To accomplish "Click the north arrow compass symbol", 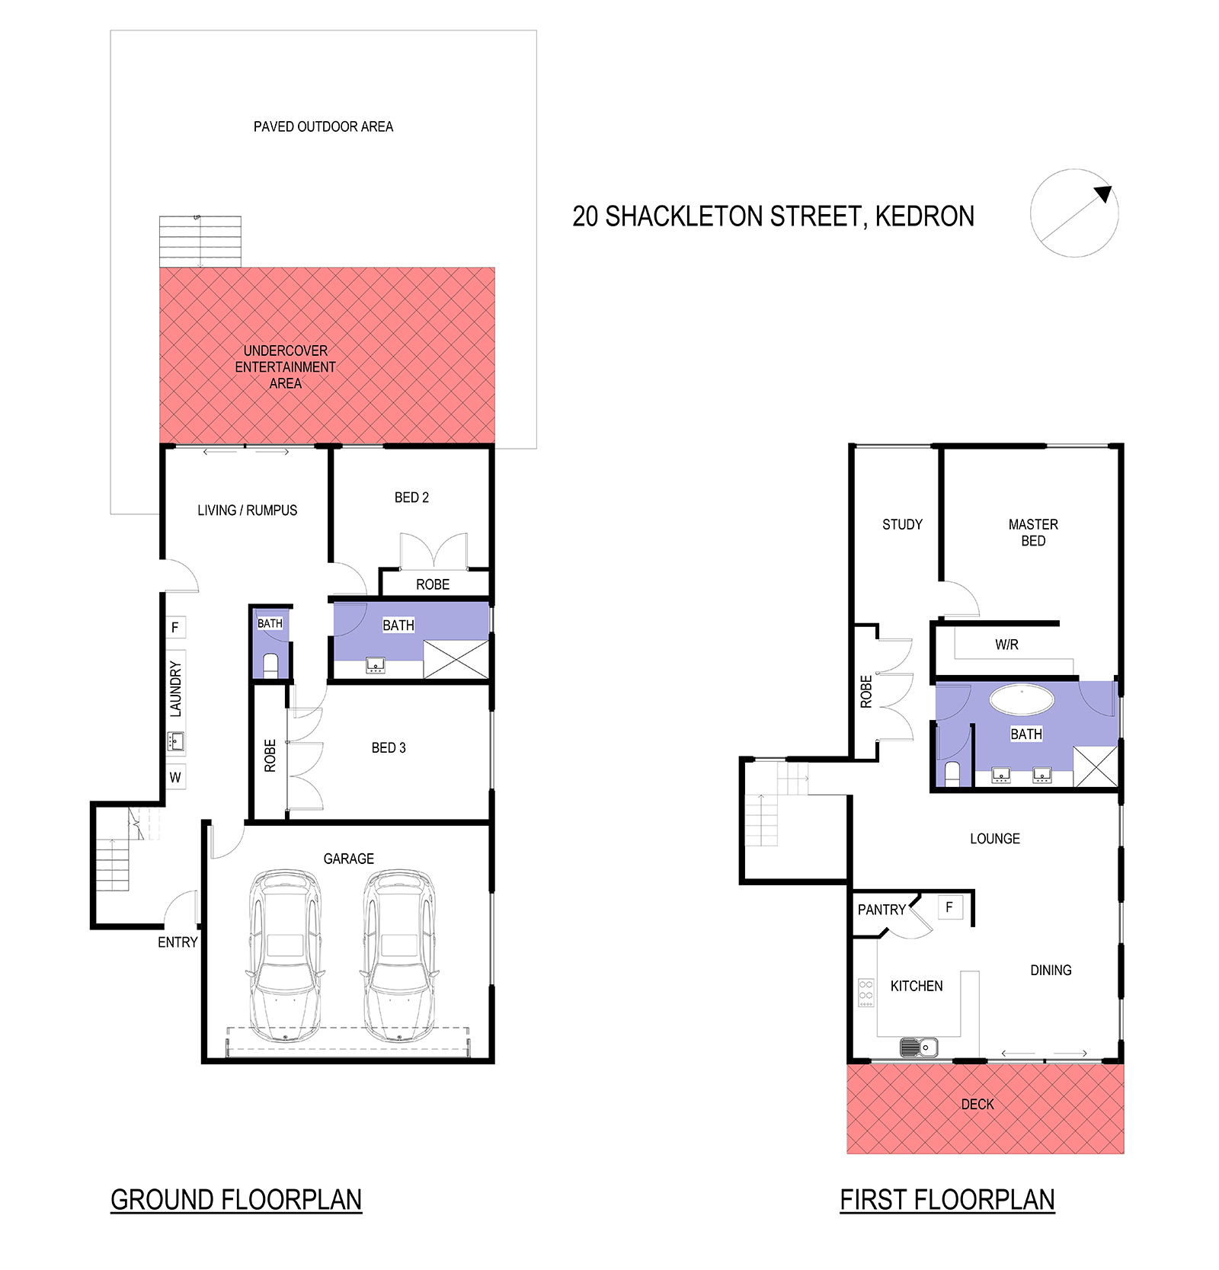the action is [1074, 213].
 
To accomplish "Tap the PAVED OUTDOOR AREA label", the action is [323, 126].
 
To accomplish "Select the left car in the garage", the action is [285, 956].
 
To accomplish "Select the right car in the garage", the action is [399, 956].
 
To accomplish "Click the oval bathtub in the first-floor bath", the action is [1022, 699].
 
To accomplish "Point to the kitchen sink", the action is [919, 1048].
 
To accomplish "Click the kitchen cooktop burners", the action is [866, 993].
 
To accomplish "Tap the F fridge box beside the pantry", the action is [949, 907].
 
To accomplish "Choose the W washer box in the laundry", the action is [175, 777].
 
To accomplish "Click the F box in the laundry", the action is [175, 627].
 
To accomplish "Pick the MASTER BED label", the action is [1033, 533].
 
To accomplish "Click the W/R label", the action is [1006, 645].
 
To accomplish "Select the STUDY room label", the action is [902, 524].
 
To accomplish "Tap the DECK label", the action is [977, 1104].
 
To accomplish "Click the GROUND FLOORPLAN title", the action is [236, 1200].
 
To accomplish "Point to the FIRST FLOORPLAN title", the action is [947, 1200].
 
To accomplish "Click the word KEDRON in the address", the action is [924, 216].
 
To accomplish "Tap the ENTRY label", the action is [178, 942].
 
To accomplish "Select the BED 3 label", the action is [389, 748].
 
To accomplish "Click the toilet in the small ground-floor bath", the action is [270, 664].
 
